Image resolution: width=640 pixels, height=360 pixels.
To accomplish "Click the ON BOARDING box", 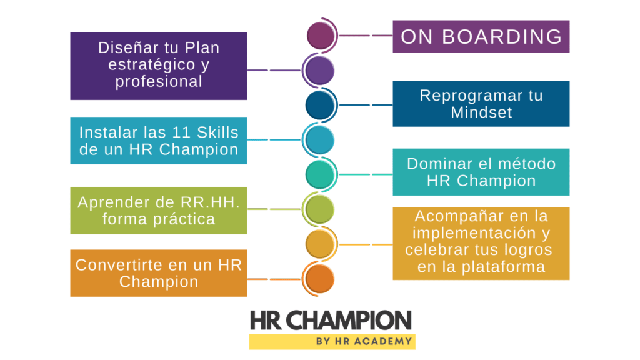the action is (x=481, y=36).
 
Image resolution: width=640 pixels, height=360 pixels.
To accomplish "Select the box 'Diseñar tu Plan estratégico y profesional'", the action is (x=158, y=66).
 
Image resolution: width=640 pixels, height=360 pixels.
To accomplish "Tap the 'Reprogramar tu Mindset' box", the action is (x=481, y=104).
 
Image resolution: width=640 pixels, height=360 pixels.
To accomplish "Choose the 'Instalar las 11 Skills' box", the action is (x=158, y=141).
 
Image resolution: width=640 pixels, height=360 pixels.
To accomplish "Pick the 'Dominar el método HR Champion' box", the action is (x=481, y=172).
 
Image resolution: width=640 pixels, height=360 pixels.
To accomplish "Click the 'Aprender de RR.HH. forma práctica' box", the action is (x=158, y=211).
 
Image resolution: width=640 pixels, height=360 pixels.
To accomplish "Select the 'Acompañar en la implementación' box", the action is (x=481, y=244).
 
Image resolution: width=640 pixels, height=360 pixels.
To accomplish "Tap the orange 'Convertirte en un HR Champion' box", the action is (x=158, y=273).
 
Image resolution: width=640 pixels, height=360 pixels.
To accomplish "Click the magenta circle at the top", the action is (x=321, y=36).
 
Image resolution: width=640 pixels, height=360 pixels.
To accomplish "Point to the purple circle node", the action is (x=320, y=70).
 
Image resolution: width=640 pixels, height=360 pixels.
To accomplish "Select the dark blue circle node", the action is (x=320, y=105).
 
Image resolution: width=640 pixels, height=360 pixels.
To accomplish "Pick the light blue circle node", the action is (x=320, y=140).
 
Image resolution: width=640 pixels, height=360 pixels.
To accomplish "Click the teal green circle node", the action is (x=320, y=175).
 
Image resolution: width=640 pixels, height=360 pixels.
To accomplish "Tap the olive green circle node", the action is (x=320, y=209).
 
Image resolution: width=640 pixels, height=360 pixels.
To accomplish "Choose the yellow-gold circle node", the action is (x=320, y=244).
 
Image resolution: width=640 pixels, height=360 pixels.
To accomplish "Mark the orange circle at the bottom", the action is (x=320, y=279).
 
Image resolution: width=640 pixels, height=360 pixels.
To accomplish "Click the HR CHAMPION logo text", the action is (x=331, y=321).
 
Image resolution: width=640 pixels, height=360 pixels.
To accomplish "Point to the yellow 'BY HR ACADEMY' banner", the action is (x=332, y=342).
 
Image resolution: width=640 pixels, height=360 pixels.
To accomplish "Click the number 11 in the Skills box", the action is (x=181, y=132).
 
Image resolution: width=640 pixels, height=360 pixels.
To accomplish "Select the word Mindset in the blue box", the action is (x=481, y=112).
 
